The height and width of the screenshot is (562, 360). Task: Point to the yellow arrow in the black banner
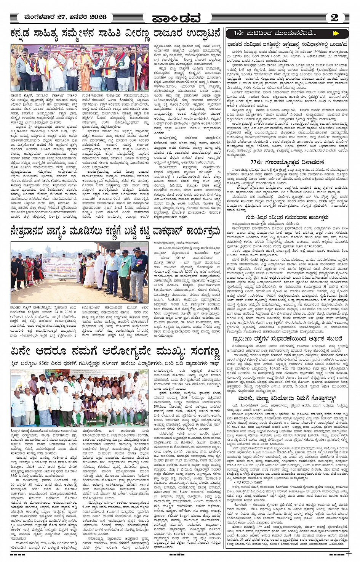(x=335, y=34)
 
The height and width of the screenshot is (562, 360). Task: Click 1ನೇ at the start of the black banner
(x=239, y=34)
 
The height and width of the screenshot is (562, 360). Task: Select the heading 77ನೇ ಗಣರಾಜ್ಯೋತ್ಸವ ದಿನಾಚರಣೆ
(x=287, y=162)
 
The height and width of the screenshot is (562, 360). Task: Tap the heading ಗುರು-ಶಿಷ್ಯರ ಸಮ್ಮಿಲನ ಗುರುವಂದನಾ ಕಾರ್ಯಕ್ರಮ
(x=287, y=218)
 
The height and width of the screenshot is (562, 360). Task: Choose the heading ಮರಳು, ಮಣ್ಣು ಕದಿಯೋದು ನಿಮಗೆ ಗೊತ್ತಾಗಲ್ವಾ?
(x=287, y=399)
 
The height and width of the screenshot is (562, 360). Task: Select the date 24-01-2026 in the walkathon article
(x=56, y=311)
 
